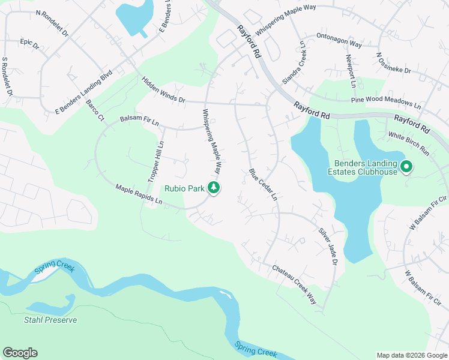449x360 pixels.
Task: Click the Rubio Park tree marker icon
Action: click(213, 188)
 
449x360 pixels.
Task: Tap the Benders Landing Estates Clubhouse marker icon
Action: click(406, 167)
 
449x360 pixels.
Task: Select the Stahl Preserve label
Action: click(50, 320)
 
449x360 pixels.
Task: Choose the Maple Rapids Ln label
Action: click(139, 195)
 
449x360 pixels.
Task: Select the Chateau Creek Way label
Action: click(294, 285)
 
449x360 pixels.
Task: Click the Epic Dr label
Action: click(29, 44)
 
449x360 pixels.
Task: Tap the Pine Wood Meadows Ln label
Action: click(387, 98)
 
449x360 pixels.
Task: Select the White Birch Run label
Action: click(409, 144)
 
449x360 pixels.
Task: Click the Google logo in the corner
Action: click(20, 353)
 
